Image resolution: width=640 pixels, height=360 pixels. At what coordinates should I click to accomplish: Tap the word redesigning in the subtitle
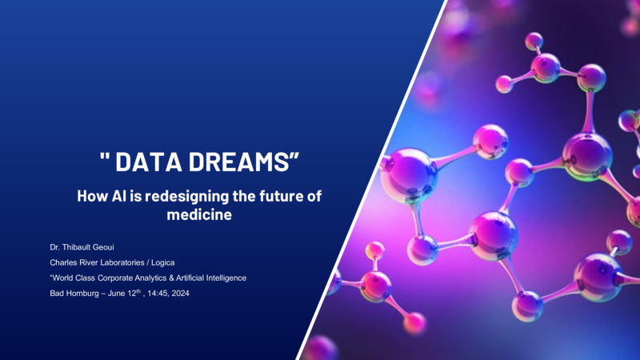coord(187,197)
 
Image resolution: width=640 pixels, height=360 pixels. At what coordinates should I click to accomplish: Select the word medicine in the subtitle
coord(199,214)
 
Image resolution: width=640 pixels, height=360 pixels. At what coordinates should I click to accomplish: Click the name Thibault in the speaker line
coord(78,247)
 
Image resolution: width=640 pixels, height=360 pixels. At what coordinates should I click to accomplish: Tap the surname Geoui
coord(106,247)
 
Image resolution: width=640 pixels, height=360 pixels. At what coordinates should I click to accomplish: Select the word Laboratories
coord(121,262)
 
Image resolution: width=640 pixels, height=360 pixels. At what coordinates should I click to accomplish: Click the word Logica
coord(163,262)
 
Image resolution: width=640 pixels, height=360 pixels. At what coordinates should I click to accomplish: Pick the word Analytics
coord(150,278)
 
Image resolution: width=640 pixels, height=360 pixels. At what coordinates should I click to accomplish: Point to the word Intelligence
coord(226,278)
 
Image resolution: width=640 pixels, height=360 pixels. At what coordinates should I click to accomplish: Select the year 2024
coord(181,294)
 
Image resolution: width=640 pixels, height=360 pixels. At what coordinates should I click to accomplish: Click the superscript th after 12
coord(138,291)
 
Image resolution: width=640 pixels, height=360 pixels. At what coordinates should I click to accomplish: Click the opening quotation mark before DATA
coord(105,156)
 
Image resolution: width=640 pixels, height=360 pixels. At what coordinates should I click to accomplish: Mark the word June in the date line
coord(116,294)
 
